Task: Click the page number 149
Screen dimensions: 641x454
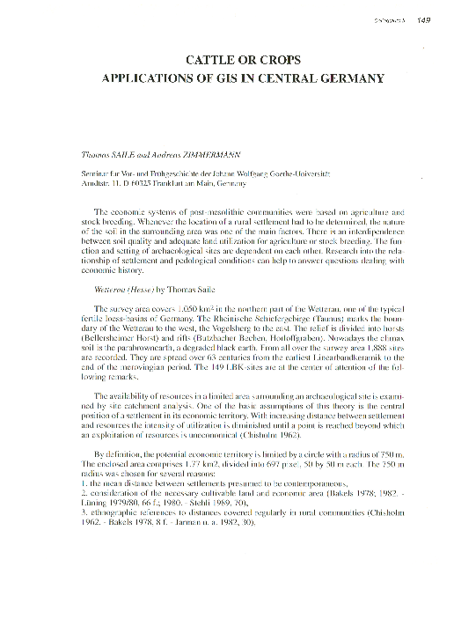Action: tap(422, 19)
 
